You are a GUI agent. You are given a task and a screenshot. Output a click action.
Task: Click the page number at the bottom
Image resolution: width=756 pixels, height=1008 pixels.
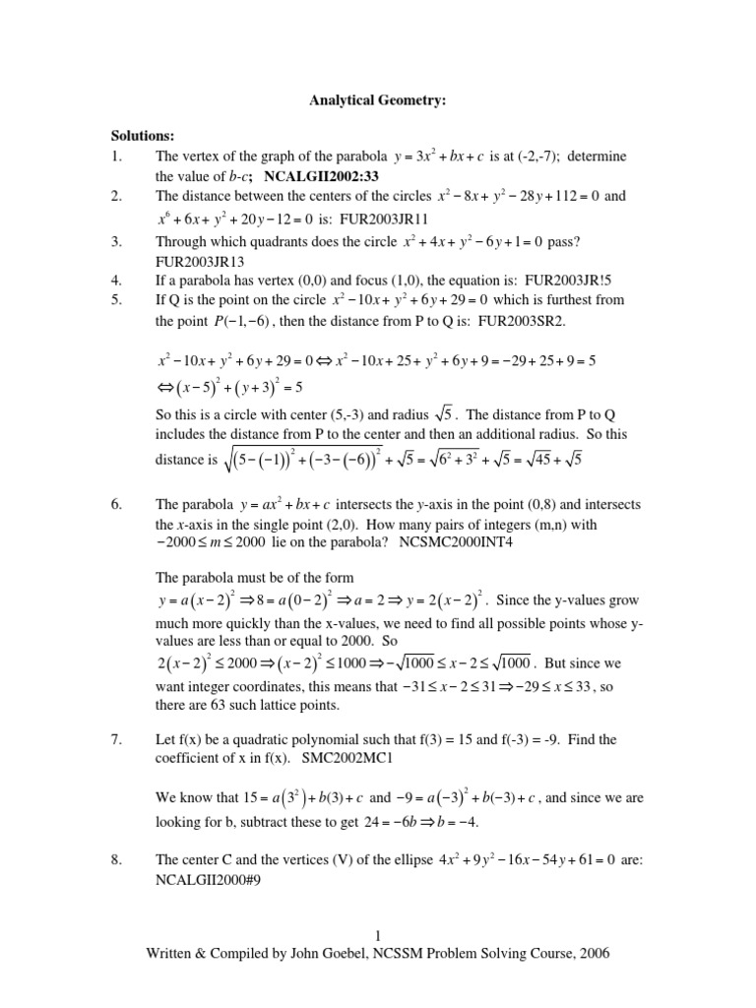(x=378, y=935)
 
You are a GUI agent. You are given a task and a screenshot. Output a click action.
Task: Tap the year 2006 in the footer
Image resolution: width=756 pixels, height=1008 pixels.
(x=593, y=953)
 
